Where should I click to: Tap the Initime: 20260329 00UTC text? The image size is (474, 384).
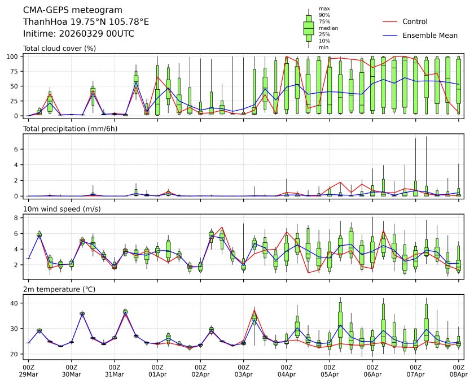(78, 33)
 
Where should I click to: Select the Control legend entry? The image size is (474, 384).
(415, 21)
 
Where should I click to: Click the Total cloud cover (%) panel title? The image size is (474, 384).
(59, 48)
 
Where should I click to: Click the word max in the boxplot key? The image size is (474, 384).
(324, 8)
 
